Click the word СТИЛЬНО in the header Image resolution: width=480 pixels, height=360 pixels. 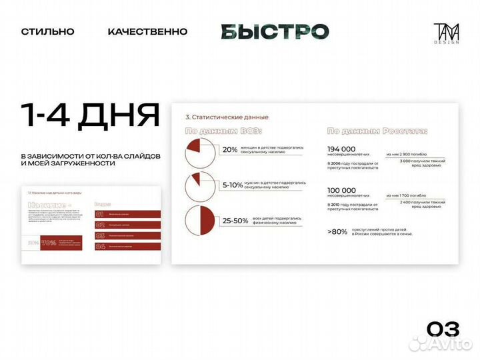tap(47, 31)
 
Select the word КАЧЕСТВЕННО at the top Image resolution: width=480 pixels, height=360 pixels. tap(147, 31)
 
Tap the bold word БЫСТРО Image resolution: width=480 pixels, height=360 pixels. tap(275, 31)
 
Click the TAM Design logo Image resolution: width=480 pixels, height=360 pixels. tap(443, 32)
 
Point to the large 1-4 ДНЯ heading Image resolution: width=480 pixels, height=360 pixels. tap(90, 115)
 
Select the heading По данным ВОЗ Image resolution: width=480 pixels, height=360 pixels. tap(223, 131)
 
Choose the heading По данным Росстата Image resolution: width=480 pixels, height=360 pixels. tap(377, 131)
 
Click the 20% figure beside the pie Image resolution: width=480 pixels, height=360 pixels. tap(230, 150)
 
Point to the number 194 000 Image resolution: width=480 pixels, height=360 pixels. tap(341, 149)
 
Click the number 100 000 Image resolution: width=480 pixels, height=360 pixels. tap(341, 190)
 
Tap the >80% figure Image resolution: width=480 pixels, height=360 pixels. tap(338, 231)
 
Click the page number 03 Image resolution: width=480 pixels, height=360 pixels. tap(443, 329)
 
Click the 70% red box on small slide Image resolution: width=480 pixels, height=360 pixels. tap(49, 243)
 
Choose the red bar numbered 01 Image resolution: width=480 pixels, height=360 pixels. tap(128, 214)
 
